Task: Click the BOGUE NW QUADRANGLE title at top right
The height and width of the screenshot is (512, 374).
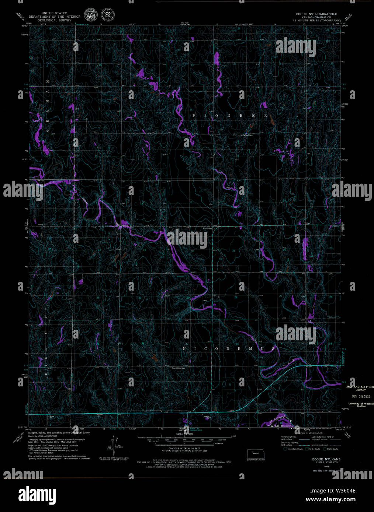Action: pyautogui.click(x=314, y=14)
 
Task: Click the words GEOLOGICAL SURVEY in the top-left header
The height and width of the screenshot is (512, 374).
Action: pyautogui.click(x=54, y=20)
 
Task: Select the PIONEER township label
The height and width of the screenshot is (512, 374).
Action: pyautogui.click(x=229, y=116)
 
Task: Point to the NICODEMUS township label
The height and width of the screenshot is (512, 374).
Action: pyautogui.click(x=229, y=348)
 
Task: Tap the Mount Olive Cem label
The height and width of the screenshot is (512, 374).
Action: pyautogui.click(x=178, y=368)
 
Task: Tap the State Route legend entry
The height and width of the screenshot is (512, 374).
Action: pyautogui.click(x=330, y=449)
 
